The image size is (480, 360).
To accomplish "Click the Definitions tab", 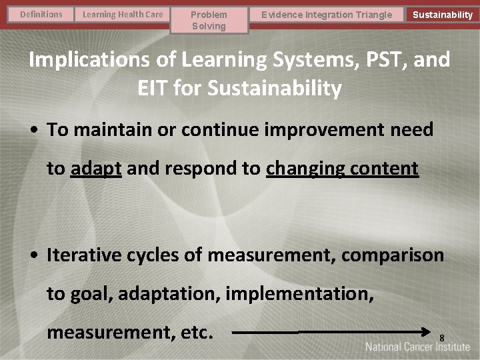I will [41, 14].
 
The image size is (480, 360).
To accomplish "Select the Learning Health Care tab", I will [122, 14].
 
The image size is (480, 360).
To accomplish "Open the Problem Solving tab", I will [209, 20].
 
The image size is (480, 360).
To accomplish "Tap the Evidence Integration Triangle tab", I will [327, 15].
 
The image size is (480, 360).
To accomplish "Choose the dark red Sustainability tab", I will [442, 15].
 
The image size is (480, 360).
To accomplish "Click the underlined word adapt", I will [96, 169].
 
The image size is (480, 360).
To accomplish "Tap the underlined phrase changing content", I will [342, 169].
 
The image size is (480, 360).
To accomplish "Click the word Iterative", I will [85, 255].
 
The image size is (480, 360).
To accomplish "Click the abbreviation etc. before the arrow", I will [196, 331].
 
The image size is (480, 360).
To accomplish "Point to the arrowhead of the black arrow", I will [428, 331].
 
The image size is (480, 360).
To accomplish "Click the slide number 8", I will [441, 339].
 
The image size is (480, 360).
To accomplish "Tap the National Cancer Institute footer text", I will [417, 347].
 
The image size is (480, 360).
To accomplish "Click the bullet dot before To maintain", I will [33, 130].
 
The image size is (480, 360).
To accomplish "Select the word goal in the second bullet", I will [91, 293].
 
